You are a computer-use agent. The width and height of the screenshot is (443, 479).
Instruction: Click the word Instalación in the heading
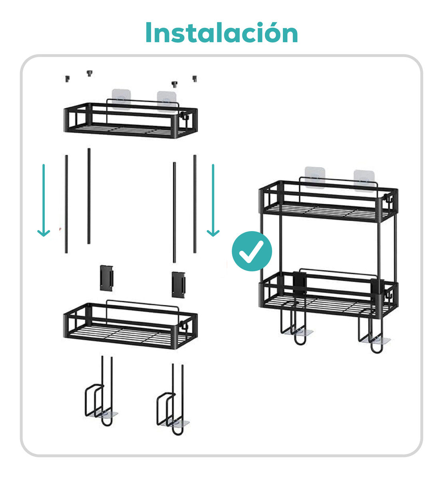[x=221, y=33]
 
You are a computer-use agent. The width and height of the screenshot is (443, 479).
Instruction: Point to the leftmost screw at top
[x=68, y=79]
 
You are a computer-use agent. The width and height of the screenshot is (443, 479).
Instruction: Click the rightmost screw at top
[x=195, y=79]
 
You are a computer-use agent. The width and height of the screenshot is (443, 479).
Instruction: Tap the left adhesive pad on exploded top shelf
[x=122, y=99]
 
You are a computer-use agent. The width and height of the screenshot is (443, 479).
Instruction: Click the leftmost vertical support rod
[x=66, y=204]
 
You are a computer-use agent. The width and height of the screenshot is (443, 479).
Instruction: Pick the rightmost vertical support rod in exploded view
[x=195, y=204]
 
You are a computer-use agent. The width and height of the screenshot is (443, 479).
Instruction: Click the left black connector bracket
[x=107, y=277]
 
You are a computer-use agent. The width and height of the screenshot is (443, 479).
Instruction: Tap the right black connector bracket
[x=179, y=284]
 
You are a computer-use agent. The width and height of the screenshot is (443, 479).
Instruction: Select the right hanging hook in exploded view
[x=172, y=403]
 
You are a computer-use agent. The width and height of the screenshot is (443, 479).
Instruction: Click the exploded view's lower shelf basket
[x=130, y=325]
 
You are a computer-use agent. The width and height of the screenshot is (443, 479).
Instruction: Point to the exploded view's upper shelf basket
[x=130, y=120]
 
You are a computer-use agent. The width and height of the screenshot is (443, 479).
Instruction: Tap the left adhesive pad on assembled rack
[x=315, y=177]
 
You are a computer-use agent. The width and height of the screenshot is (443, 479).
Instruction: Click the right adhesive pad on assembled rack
[x=364, y=180]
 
